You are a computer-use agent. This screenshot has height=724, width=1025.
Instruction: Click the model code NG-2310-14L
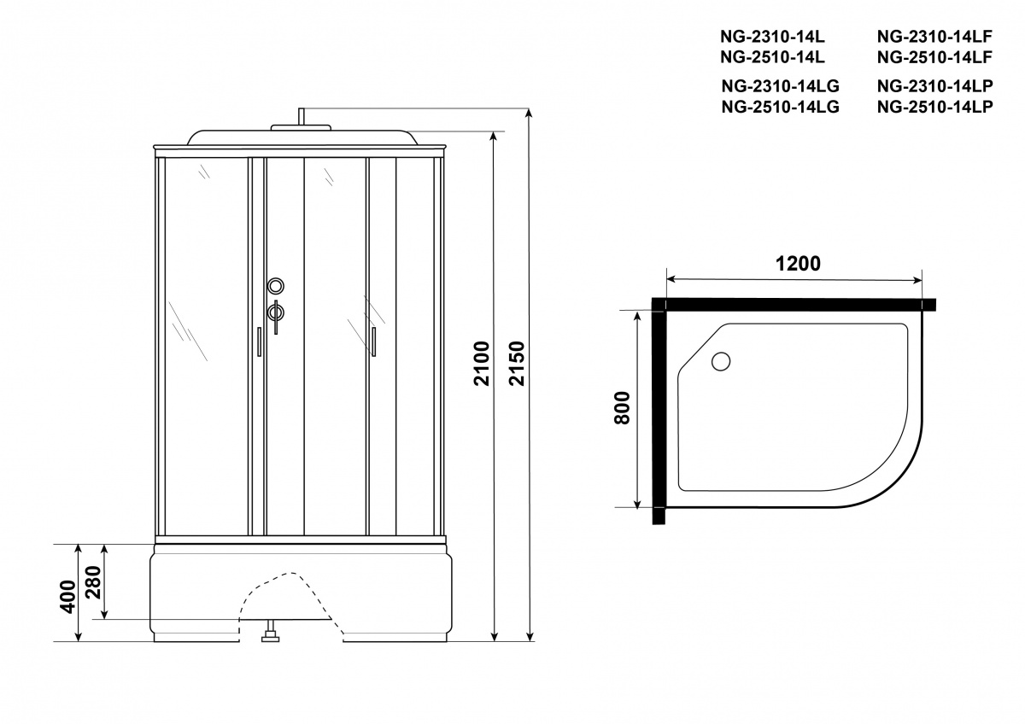coord(772,36)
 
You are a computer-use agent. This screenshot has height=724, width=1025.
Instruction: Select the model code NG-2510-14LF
coord(934,57)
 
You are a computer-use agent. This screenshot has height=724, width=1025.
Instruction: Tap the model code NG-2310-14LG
coord(780,85)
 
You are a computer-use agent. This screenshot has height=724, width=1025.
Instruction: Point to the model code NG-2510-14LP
coord(934,107)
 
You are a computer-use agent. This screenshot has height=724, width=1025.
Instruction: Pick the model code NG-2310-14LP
coord(934,85)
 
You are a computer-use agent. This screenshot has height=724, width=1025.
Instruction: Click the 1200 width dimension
coord(798,264)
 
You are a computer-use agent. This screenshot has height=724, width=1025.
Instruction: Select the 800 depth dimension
coord(623,408)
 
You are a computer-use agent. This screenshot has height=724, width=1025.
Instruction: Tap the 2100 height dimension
coord(482,363)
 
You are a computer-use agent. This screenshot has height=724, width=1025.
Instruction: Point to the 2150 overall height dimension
coord(517,363)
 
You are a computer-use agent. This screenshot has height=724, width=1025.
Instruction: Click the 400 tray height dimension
coord(67,597)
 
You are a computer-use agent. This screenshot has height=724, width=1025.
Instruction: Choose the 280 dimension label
coord(93,582)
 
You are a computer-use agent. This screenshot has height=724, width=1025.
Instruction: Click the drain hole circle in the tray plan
coord(721,361)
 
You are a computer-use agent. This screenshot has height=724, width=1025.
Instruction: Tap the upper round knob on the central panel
coord(275,286)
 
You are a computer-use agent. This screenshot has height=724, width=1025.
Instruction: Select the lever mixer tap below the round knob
coord(275,316)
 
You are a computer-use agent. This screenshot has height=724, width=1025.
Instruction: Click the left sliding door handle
coord(259,342)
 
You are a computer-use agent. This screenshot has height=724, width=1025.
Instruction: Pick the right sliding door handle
coord(373,342)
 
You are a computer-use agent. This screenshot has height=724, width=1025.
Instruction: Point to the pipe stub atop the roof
coord(302,116)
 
